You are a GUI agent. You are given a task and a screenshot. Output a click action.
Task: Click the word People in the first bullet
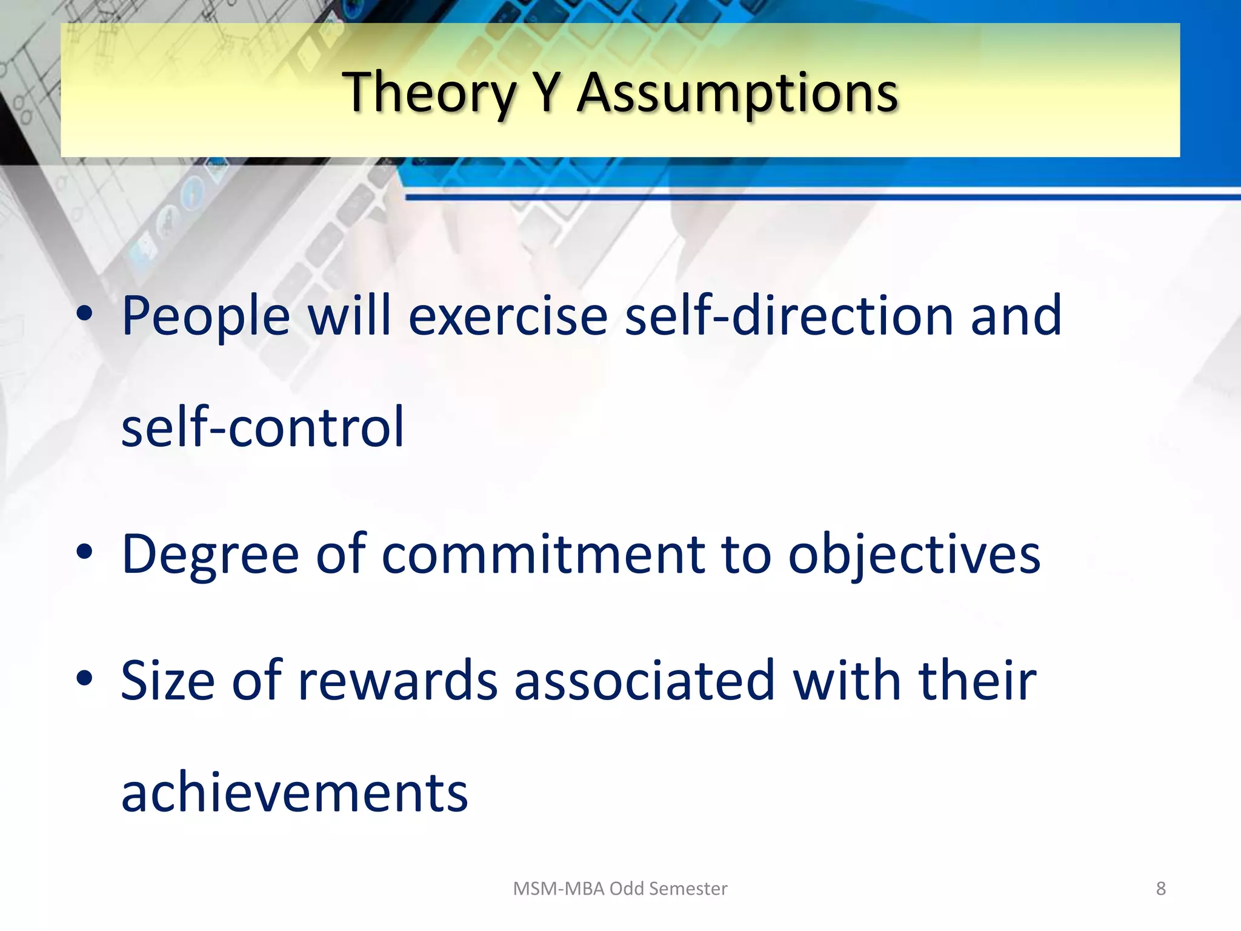(x=206, y=316)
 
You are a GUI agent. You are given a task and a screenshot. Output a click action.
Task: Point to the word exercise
(x=508, y=316)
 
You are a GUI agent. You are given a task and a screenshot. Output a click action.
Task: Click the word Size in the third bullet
(x=168, y=681)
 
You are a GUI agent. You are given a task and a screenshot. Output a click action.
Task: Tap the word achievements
(x=294, y=792)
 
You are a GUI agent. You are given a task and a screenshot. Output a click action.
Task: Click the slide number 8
(x=1160, y=889)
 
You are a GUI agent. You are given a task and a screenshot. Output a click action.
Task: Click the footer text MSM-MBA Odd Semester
(x=620, y=889)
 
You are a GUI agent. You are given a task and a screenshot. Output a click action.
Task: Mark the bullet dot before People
(x=84, y=314)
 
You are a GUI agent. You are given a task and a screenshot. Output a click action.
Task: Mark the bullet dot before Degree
(x=84, y=552)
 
